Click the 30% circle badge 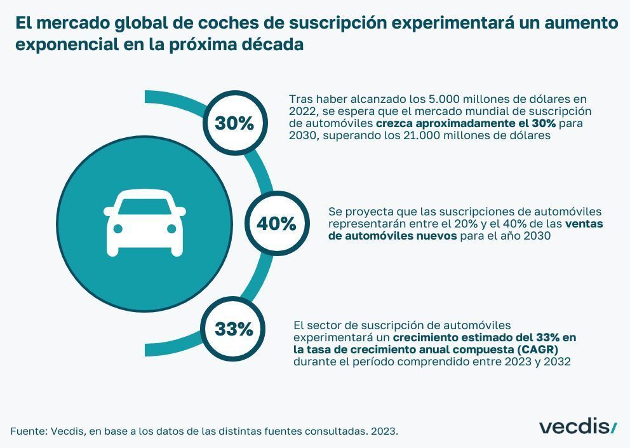tap(234, 123)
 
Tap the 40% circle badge tap(276, 224)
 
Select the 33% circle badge tap(233, 330)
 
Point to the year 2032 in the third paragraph tap(557, 362)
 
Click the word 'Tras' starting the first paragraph tap(300, 98)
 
